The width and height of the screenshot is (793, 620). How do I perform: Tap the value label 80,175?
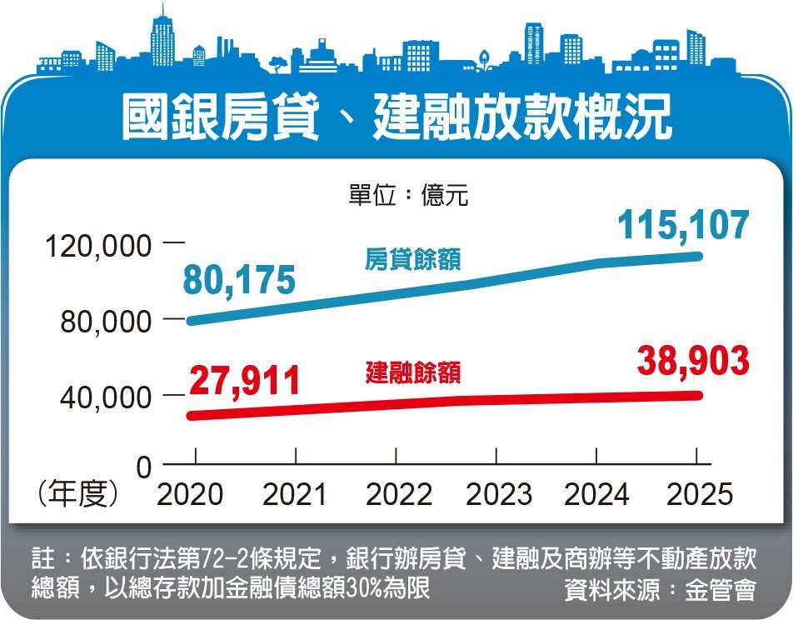238,281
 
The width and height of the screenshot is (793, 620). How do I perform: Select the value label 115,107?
684,226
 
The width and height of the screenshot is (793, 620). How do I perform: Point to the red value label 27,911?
245,382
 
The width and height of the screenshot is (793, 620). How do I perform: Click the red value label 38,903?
693,362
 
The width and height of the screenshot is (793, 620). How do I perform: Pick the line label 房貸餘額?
413,260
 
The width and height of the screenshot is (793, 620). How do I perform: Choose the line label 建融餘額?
413,372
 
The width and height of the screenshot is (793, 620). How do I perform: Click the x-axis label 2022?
398,495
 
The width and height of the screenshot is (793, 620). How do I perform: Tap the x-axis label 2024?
597,495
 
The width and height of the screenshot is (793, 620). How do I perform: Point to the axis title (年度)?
78,495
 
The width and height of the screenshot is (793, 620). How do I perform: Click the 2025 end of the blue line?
698,256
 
